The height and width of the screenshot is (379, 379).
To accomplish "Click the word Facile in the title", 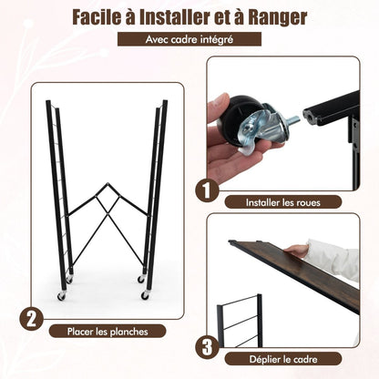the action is click(96, 17).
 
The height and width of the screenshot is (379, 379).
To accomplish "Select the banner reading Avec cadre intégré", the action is click(189, 39).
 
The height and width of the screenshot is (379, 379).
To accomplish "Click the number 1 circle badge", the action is click(207, 190).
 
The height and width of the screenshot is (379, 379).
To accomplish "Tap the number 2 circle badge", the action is click(31, 319).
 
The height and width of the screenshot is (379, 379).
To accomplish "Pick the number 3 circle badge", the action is click(207, 347).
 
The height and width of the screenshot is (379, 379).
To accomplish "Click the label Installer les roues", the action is click(283, 202).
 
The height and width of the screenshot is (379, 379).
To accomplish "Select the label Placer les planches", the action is click(108, 332).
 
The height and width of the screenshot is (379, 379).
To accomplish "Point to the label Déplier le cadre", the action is click(283, 359).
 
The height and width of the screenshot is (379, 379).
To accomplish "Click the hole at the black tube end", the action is click(308, 116).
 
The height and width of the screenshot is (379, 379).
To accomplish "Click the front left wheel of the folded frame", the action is click(62, 295).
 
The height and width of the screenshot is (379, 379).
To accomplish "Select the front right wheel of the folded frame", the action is click(145, 295).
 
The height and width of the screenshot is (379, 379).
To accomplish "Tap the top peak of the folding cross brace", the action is click(108, 183).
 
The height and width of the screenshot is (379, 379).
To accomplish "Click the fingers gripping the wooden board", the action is click(296, 251).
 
